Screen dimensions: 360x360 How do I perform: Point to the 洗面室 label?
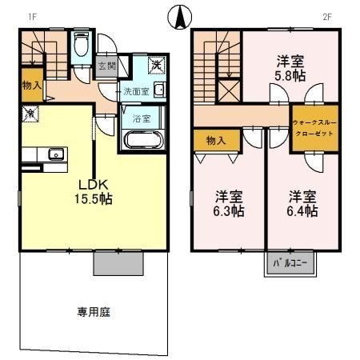coord(134,91)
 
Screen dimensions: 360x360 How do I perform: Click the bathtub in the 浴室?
coord(143,141)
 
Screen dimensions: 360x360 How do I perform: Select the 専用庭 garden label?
coord(94,310)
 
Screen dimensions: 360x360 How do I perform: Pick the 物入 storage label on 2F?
coord(216,141)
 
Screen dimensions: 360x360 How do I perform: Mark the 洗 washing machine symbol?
coord(158,63)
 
